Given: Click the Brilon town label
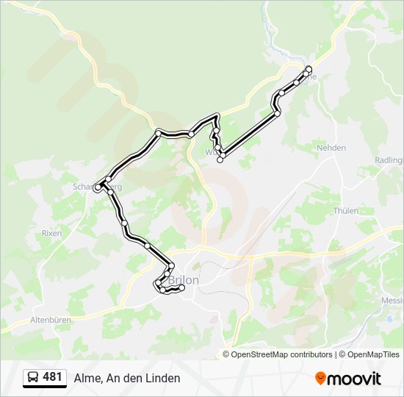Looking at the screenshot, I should (x=184, y=280).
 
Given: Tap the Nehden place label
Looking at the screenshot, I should (x=331, y=148).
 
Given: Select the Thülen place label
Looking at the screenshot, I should (x=345, y=211).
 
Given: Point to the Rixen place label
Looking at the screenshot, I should (x=51, y=233).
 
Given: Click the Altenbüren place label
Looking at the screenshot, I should (x=50, y=321).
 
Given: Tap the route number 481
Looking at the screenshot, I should (x=52, y=377).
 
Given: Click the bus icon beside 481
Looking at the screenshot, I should (x=34, y=378).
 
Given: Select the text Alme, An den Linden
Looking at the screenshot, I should (x=126, y=378).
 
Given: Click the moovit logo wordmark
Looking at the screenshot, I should (x=354, y=379).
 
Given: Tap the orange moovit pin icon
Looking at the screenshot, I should (x=320, y=379).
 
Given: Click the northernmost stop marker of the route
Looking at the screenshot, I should (x=309, y=69).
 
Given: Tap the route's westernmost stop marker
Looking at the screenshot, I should (x=98, y=188).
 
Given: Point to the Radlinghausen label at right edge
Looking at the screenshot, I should (x=389, y=160).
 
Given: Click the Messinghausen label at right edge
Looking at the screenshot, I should (x=392, y=301).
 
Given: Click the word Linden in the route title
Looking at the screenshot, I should (x=162, y=378).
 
